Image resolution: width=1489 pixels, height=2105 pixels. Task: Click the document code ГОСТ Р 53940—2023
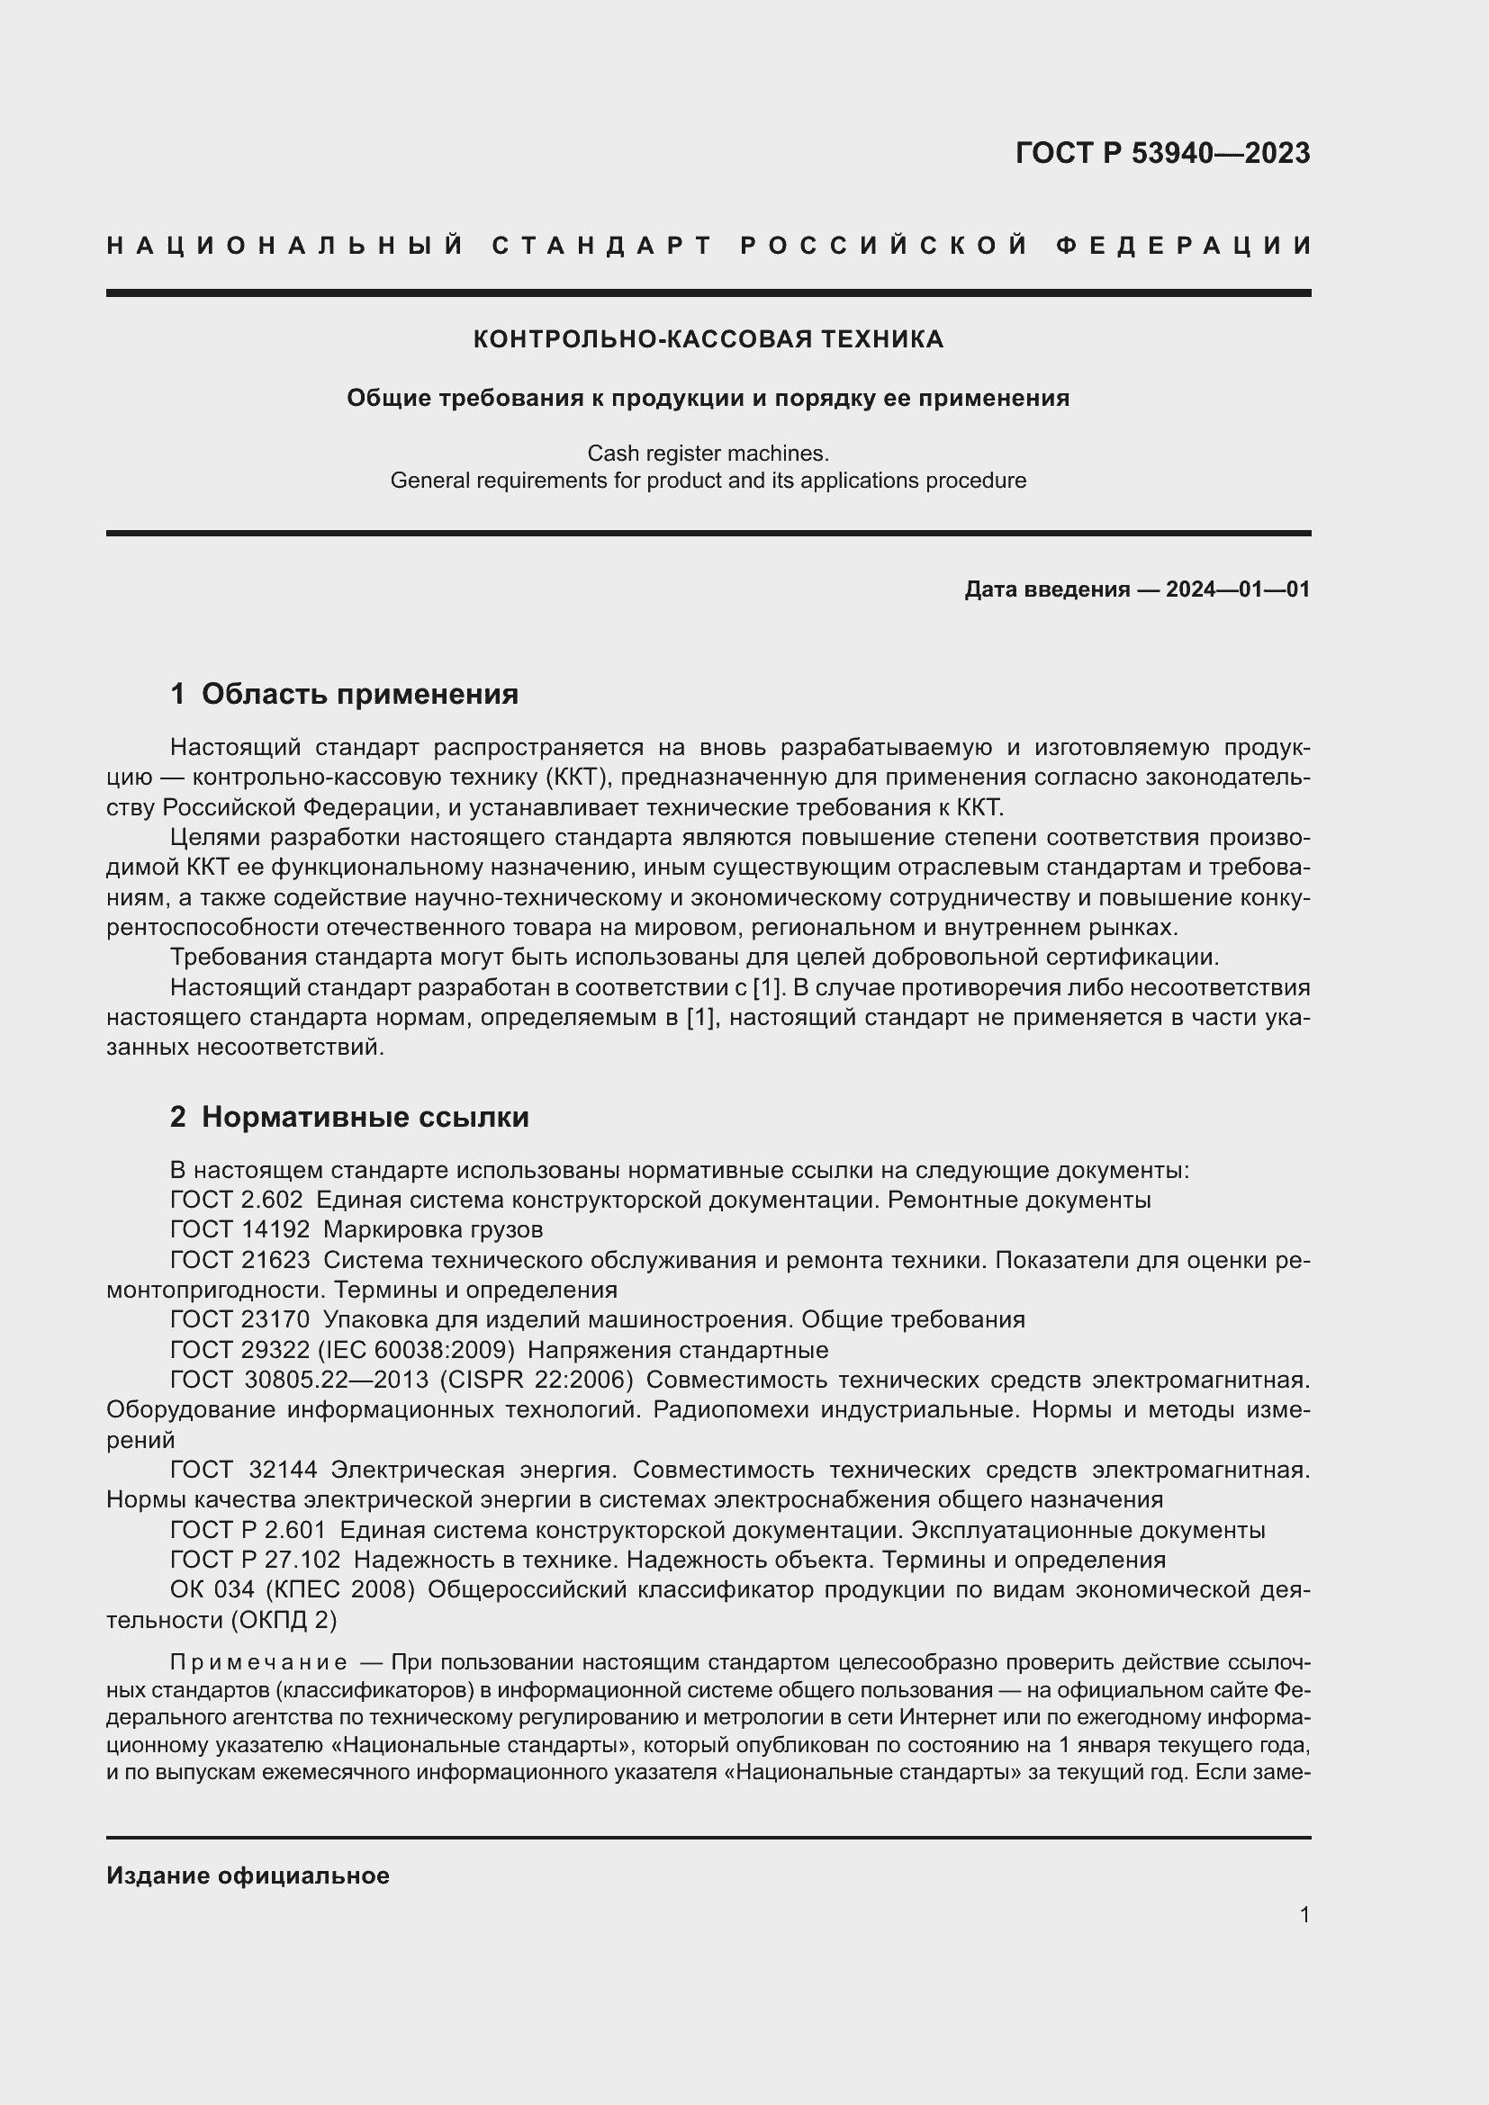tap(1161, 153)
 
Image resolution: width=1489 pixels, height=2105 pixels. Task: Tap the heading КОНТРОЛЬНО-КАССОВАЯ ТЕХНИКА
tap(708, 339)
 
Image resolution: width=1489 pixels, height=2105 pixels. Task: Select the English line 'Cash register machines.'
tap(708, 453)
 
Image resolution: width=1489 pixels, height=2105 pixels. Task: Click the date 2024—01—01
tap(1238, 589)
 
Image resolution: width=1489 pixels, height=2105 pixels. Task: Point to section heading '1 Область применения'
tap(345, 694)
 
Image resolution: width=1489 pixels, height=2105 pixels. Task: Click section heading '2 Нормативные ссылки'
tap(349, 1117)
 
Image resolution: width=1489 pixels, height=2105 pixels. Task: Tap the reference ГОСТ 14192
tap(240, 1229)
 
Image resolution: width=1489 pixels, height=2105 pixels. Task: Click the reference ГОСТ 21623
tap(240, 1260)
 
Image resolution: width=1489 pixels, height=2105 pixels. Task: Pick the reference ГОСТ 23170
tap(240, 1319)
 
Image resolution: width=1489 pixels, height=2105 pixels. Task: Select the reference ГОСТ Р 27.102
tap(255, 1560)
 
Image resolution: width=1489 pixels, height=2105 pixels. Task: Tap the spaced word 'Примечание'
tap(258, 1663)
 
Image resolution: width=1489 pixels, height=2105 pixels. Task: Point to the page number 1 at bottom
tap(1304, 1914)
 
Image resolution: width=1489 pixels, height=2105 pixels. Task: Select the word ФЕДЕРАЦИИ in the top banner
tap(1183, 246)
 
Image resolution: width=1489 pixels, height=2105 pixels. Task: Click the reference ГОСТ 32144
tap(244, 1470)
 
